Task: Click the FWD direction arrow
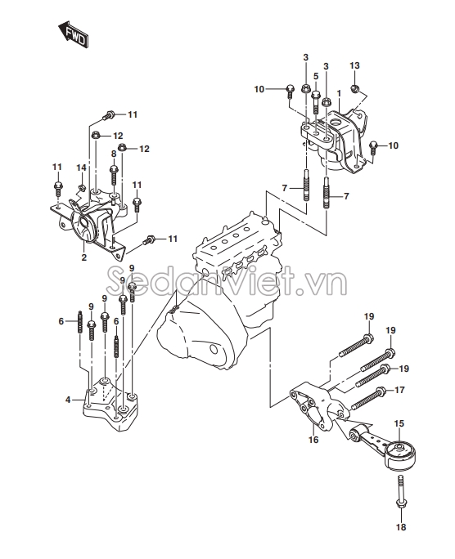pos(73,34)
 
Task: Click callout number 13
pos(354,65)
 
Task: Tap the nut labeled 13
pos(354,88)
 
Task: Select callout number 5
pos(316,76)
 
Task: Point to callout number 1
pos(339,93)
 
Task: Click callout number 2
pos(83,257)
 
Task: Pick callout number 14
pos(81,168)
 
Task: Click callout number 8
pos(114,154)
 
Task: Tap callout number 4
pos(68,400)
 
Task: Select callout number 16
pos(313,440)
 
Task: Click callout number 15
pos(399,423)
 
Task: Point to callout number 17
pos(399,390)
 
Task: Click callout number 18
pos(401,527)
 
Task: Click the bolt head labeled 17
pos(381,391)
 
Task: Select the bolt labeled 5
pos(316,102)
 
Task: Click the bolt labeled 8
pos(114,176)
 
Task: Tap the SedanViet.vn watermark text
pos(227,282)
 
